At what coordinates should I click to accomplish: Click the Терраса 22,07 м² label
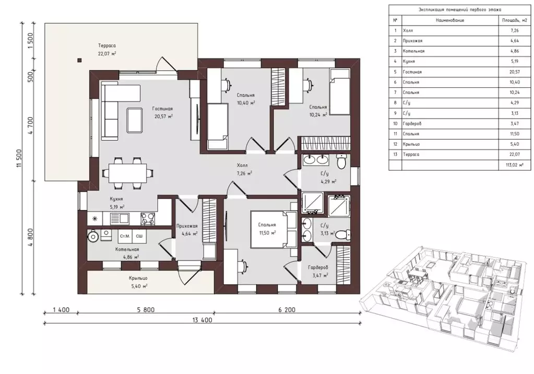[107, 50]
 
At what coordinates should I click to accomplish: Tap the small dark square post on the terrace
[79, 61]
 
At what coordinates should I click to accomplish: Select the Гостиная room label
[162, 109]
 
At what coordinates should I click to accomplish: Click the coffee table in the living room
[135, 120]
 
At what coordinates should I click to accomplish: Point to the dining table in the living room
[128, 172]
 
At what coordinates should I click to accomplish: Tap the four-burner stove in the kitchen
[148, 218]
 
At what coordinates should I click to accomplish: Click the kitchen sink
[120, 218]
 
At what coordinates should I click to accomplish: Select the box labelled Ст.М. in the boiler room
[125, 236]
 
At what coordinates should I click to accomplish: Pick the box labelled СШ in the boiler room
[139, 236]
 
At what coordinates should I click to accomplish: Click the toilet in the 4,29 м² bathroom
[341, 161]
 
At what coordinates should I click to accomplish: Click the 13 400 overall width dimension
[203, 320]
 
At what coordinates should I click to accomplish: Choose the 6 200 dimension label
[287, 310]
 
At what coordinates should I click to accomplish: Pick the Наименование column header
[450, 20]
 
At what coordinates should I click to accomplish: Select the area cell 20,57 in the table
[515, 72]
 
